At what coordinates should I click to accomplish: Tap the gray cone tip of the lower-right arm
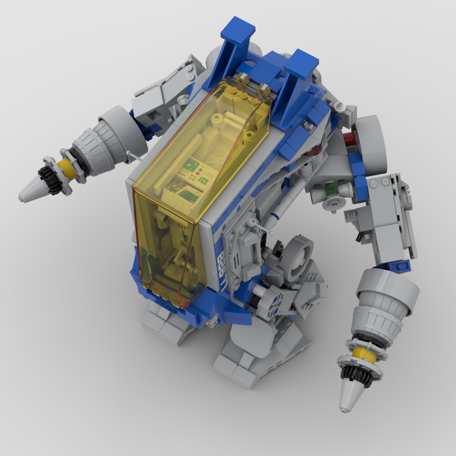[349, 396]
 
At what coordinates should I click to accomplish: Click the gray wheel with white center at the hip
[297, 251]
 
